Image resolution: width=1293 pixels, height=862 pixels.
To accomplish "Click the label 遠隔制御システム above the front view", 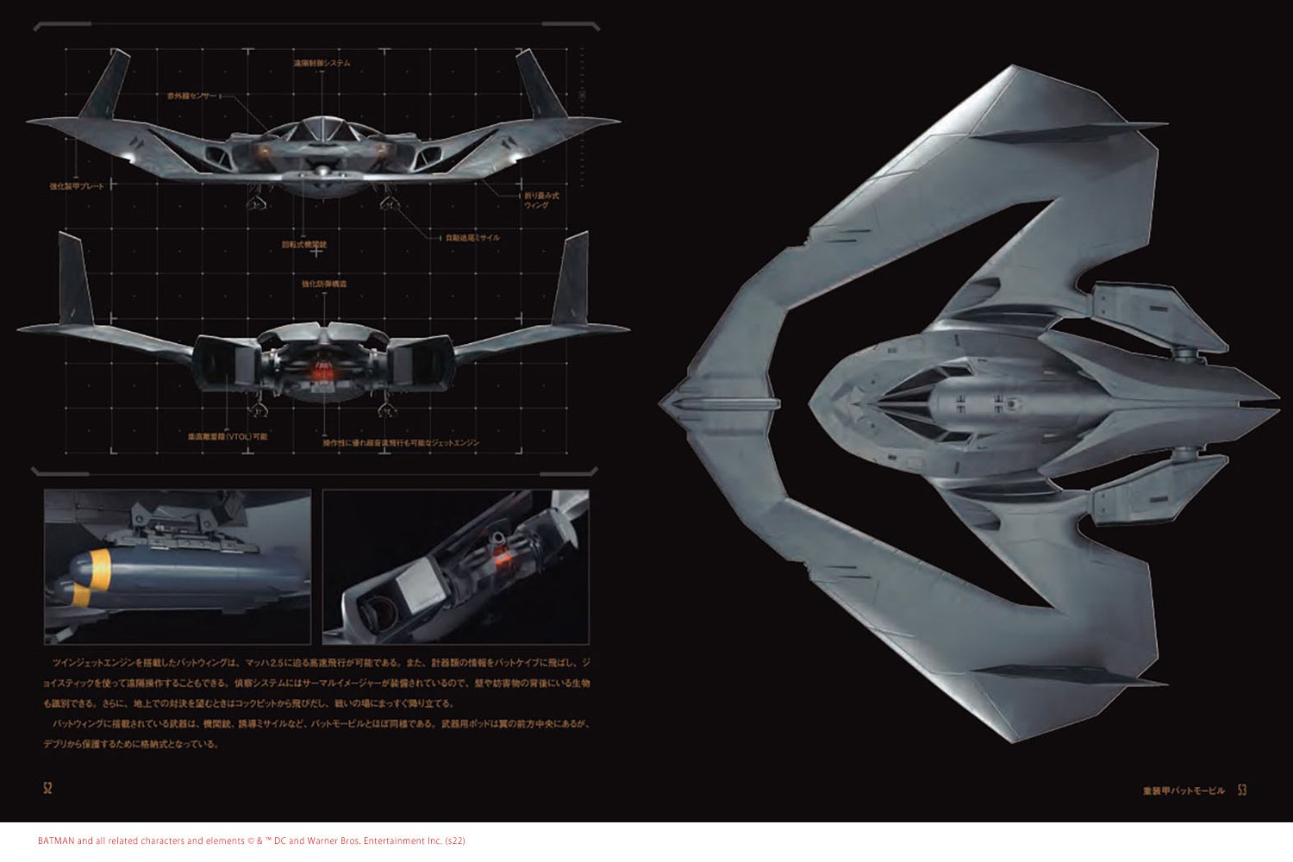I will pyautogui.click(x=321, y=64).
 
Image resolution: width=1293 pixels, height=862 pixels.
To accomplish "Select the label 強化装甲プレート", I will pyautogui.click(x=78, y=186).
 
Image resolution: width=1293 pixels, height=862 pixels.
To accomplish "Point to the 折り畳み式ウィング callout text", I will pyautogui.click(x=541, y=200).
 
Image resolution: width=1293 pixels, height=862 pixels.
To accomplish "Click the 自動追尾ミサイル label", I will pyautogui.click(x=472, y=238).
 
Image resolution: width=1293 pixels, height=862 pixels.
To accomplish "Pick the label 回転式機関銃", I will pyautogui.click(x=310, y=245).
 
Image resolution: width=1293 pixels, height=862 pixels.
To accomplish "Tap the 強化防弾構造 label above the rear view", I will pyautogui.click(x=324, y=284).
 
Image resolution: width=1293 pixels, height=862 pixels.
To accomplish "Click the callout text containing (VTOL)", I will pyautogui.click(x=228, y=437).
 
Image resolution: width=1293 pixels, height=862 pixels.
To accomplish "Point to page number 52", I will pyautogui.click(x=47, y=788).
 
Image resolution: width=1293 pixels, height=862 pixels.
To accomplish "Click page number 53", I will pyautogui.click(x=1242, y=790).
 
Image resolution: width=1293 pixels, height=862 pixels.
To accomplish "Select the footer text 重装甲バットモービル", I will pyautogui.click(x=1183, y=790).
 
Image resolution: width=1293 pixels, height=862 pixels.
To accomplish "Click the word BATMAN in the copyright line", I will pyautogui.click(x=56, y=841).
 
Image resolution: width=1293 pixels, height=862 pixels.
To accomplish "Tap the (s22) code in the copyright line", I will pyautogui.click(x=454, y=841).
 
